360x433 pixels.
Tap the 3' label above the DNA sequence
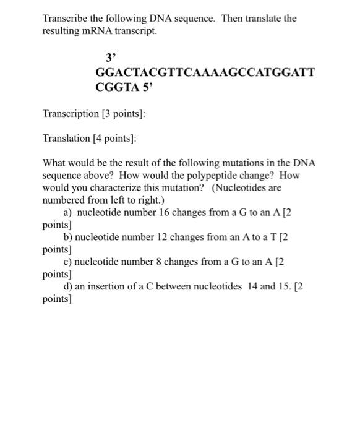click(111, 58)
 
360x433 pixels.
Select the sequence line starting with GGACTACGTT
click(205, 72)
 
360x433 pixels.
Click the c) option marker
click(68, 262)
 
